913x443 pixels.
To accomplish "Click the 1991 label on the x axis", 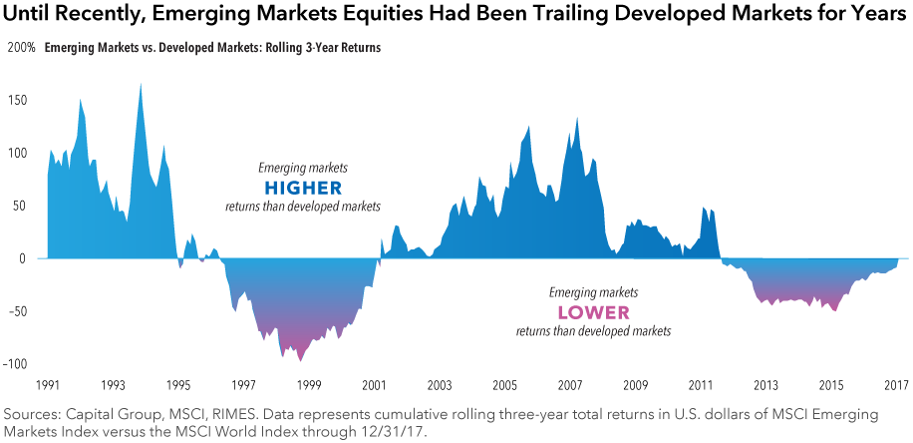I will (x=47, y=385).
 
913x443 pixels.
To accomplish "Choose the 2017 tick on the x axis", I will (x=896, y=385).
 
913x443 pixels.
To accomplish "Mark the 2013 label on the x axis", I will (x=765, y=385).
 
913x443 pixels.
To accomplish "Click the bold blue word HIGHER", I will (x=302, y=188).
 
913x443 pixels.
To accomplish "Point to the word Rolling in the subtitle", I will (x=272, y=48).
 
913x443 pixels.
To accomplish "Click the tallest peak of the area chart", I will (x=141, y=84).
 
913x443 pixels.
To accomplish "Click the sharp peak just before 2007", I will (x=577, y=119).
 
